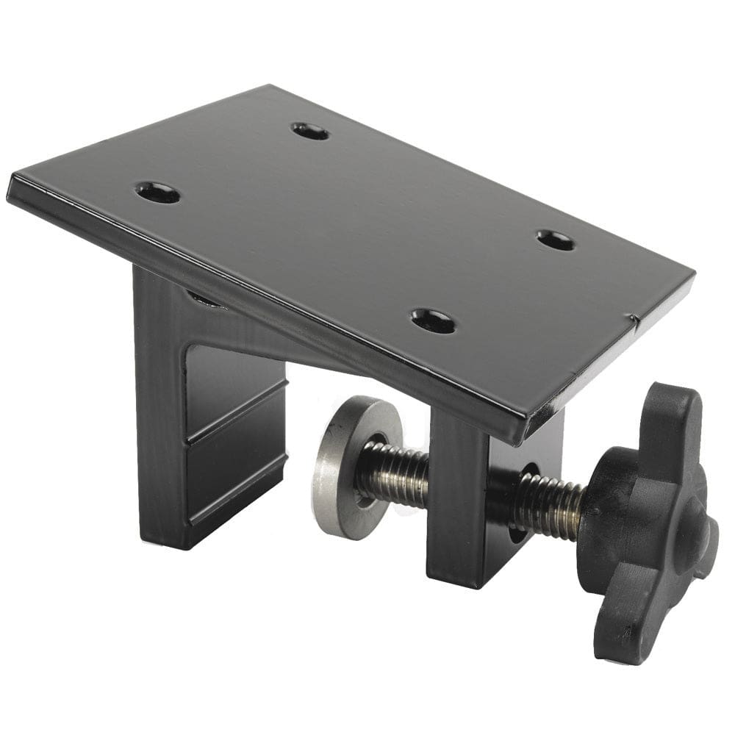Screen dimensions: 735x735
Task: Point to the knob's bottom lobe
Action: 621,632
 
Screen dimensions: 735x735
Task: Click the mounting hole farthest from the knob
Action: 158,193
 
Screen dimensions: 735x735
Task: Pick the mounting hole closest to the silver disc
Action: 433,320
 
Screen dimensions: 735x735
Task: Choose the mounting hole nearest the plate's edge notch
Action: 556,240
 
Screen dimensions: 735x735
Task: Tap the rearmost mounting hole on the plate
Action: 310,132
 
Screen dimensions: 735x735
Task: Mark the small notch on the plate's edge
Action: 632,319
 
